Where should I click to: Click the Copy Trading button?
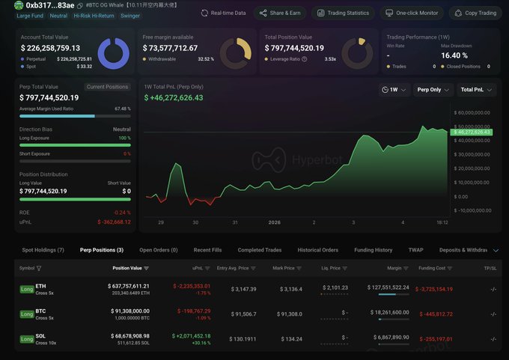[476, 13]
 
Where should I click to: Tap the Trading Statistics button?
[343, 13]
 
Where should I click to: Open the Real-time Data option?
[224, 13]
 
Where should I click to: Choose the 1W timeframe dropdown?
[395, 90]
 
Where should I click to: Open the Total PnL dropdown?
[476, 90]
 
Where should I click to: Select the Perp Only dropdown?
[433, 90]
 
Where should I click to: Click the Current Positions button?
[107, 87]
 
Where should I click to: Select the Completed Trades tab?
[260, 250]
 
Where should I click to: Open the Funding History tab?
[373, 250]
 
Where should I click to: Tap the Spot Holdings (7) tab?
[43, 250]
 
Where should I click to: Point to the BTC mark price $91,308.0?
[287, 314]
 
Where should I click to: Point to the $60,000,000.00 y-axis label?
[472, 112]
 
